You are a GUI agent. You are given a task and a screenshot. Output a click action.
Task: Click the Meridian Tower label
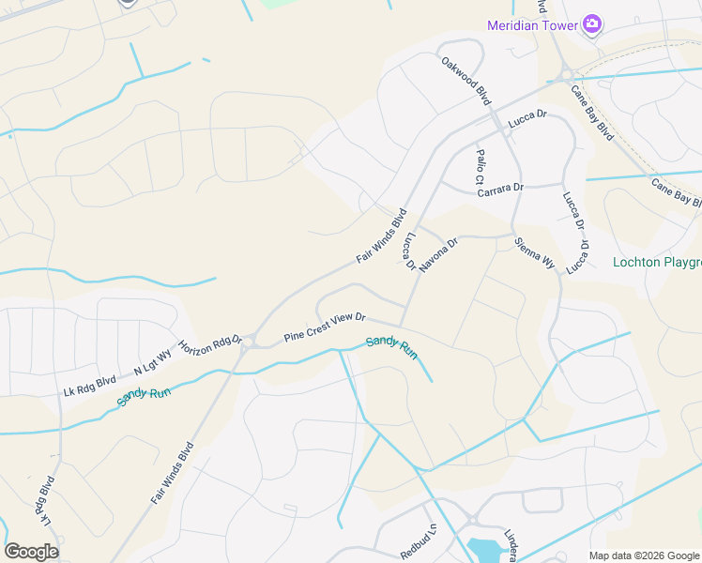[531, 25]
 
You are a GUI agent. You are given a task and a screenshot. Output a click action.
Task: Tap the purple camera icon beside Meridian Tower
[592, 23]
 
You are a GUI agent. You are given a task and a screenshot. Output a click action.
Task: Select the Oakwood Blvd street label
[466, 81]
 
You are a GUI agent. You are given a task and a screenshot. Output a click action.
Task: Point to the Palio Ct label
[479, 166]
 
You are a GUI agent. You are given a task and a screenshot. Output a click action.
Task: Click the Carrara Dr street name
[499, 189]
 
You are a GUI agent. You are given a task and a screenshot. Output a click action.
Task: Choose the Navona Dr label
[439, 254]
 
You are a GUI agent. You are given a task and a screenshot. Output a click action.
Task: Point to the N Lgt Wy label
[152, 361]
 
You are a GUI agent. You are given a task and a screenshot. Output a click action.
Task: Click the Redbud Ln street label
[419, 541]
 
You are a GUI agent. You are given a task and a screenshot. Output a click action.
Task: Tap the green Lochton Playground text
[656, 262]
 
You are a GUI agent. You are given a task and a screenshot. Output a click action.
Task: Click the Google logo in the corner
[31, 552]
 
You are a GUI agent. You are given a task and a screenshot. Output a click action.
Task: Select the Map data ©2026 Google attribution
[644, 555]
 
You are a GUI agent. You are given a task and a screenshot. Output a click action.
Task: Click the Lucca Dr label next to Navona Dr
[409, 252]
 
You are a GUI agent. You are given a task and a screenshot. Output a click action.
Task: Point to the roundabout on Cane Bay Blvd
[568, 76]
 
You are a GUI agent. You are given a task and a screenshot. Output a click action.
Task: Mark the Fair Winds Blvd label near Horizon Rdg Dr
[172, 473]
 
